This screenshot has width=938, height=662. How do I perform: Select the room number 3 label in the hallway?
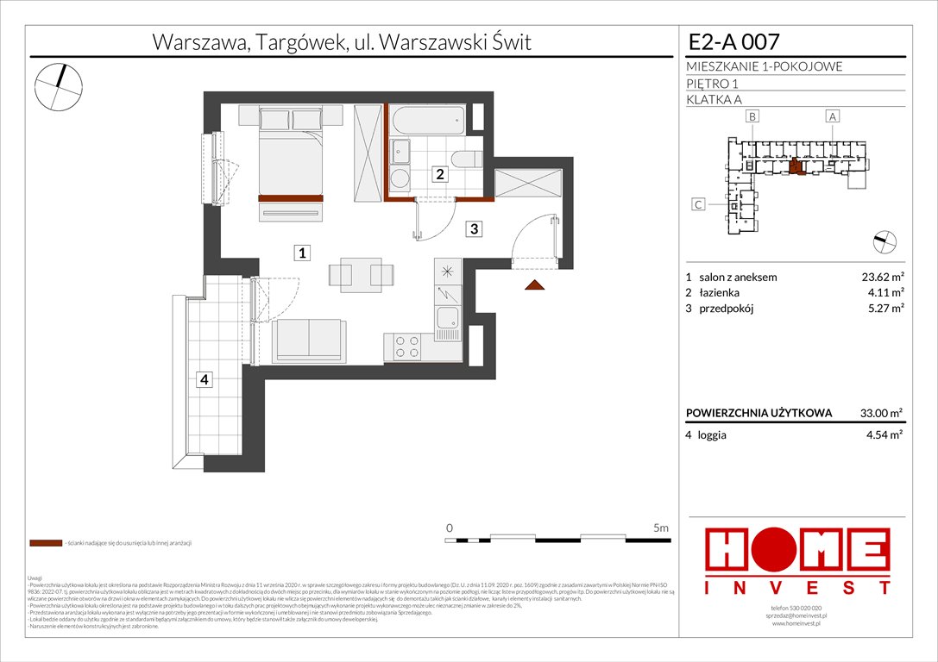click(x=475, y=228)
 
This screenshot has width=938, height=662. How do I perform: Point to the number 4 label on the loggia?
click(x=204, y=379)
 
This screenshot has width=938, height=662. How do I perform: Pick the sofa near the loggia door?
click(x=307, y=341)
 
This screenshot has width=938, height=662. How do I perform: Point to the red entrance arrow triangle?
click(x=535, y=285)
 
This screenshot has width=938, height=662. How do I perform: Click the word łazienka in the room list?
click(x=723, y=294)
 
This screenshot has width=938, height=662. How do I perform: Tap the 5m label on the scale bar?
click(x=661, y=527)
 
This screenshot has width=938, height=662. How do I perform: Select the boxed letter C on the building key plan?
click(x=699, y=205)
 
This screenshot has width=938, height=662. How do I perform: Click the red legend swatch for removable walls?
click(x=45, y=544)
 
